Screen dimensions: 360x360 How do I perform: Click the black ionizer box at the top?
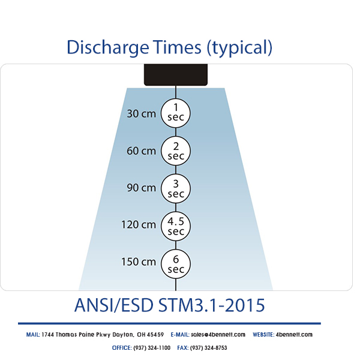tap(175, 74)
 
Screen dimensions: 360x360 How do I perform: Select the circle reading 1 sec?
tap(175, 113)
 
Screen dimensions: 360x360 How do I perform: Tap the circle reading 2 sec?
tap(175, 151)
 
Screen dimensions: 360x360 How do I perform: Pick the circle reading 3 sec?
tap(175, 188)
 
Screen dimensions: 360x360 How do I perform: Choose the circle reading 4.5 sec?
tap(175, 225)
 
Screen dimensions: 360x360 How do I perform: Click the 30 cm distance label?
tap(142, 113)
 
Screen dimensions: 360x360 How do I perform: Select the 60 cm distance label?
tap(142, 151)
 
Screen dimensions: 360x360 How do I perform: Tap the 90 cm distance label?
tap(142, 188)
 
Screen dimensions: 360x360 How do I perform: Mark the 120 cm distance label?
tap(139, 225)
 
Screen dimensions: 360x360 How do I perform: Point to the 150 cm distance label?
tap(139, 262)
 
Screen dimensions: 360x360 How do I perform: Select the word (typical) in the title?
tap(239, 47)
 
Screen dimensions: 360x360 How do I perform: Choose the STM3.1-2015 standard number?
tap(211, 305)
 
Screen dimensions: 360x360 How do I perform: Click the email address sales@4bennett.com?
tap(218, 334)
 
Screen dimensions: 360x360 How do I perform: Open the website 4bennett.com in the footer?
tap(294, 334)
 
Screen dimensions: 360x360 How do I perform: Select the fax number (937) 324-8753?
tap(209, 347)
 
